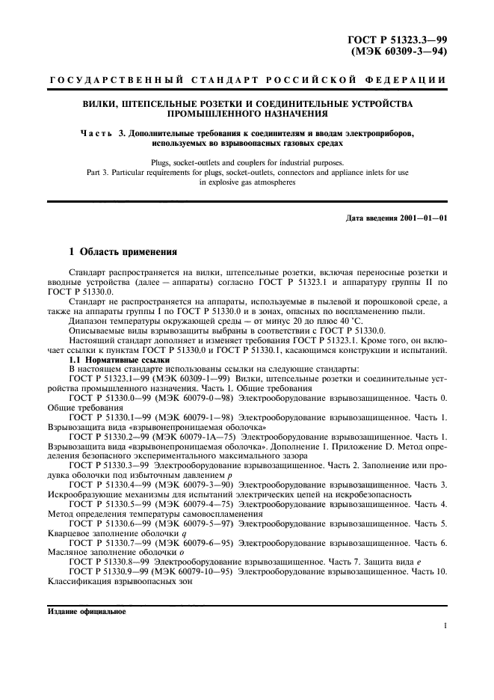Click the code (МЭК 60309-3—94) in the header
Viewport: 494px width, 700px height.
(399, 52)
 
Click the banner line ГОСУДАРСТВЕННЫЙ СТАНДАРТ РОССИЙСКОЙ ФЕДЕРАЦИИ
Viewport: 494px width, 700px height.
(247, 79)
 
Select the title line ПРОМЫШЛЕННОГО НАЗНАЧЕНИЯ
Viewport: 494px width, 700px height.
(247, 114)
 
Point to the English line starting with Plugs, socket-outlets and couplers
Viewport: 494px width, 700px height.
(247, 162)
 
